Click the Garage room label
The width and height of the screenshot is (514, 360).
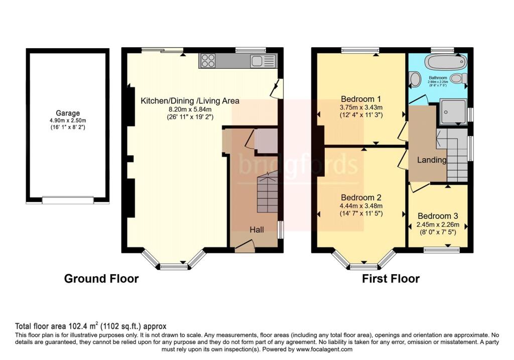(68, 113)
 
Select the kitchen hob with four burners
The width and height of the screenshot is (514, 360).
(208, 61)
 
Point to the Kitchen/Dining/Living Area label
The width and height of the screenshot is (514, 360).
(190, 101)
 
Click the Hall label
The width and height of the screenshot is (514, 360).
(257, 229)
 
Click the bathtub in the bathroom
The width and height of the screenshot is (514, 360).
(445, 63)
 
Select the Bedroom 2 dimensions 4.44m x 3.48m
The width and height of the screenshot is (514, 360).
(361, 206)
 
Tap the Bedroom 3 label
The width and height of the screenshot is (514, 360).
(438, 216)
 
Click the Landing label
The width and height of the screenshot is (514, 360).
(432, 160)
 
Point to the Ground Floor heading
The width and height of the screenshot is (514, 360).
(101, 279)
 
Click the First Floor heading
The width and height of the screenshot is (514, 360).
(391, 279)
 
